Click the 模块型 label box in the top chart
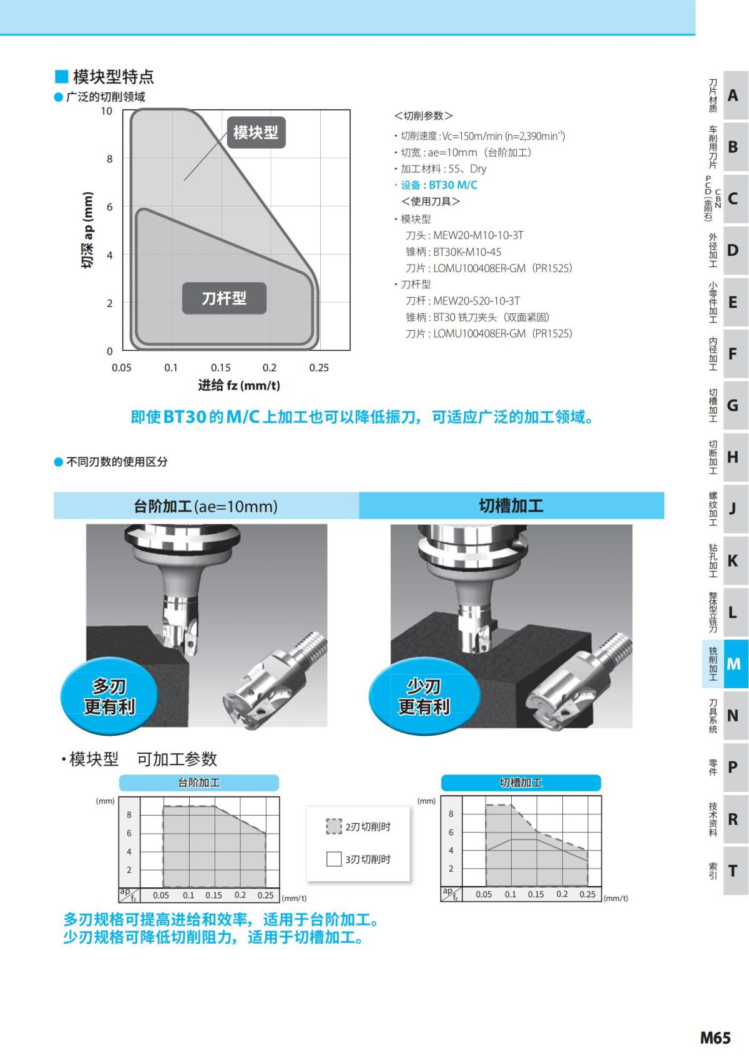click(256, 132)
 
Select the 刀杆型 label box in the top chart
click(224, 298)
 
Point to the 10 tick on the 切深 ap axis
click(107, 111)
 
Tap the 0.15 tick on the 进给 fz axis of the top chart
click(220, 368)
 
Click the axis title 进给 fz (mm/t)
click(239, 386)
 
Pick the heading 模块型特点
click(113, 77)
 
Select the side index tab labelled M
click(733, 663)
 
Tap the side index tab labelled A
click(733, 95)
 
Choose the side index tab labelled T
click(733, 871)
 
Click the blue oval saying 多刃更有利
click(109, 696)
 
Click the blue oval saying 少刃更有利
click(424, 696)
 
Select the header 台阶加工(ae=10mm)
click(206, 505)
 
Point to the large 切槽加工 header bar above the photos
click(511, 505)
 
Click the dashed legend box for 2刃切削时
click(334, 826)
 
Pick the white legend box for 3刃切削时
click(334, 859)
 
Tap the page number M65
click(715, 1038)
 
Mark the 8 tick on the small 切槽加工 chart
click(451, 814)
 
